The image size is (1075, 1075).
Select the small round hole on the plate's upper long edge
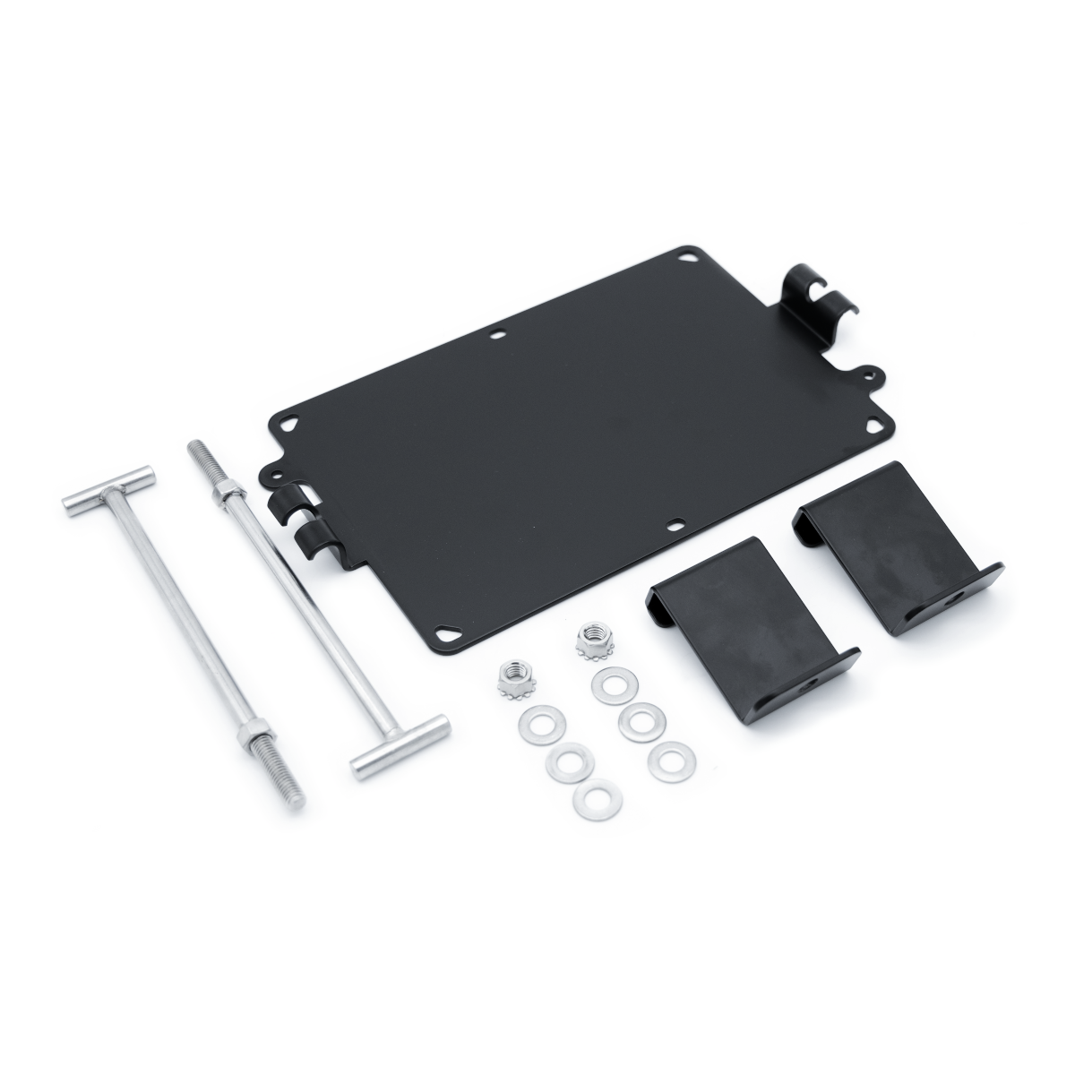tap(499, 338)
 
